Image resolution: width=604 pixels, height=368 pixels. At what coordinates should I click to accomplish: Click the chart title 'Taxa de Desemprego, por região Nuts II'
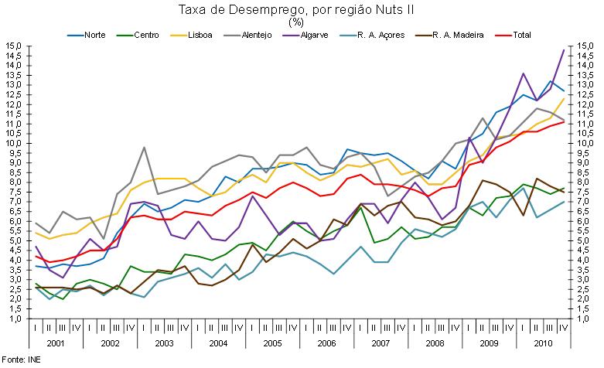click(x=297, y=9)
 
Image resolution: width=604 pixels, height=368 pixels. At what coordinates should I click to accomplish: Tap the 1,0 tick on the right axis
click(x=585, y=319)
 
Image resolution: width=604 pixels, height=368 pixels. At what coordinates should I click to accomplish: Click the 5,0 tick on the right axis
click(x=584, y=240)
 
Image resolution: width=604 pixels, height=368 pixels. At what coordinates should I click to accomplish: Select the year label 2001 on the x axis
click(x=56, y=341)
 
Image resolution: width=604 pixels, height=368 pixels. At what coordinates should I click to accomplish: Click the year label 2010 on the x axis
click(x=542, y=341)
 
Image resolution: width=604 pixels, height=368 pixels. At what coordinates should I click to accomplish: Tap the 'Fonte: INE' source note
click(x=21, y=360)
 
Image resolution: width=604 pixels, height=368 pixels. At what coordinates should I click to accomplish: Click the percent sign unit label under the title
click(x=297, y=22)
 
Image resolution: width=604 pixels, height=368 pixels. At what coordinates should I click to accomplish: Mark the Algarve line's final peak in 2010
click(x=563, y=50)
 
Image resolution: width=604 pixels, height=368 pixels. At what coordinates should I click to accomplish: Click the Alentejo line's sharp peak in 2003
click(x=144, y=147)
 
